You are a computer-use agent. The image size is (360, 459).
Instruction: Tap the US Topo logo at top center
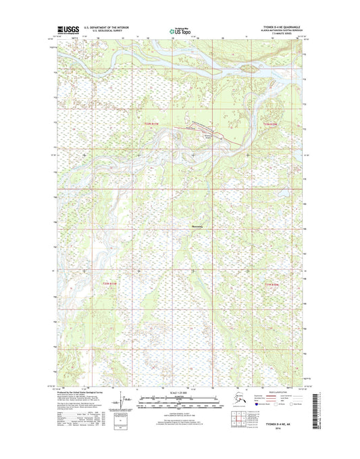point(180,30)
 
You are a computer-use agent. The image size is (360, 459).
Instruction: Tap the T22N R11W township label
point(153,124)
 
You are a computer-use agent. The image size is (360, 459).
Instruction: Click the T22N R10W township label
point(270,124)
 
